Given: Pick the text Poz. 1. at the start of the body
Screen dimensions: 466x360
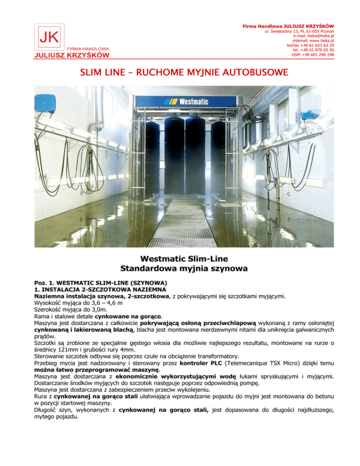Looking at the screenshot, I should tap(43, 284).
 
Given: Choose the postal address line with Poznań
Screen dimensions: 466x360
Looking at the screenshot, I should tap(300, 30).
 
